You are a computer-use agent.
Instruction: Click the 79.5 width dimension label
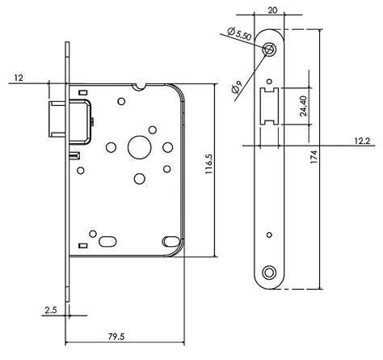(x=116, y=337)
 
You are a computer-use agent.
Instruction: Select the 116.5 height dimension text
(x=209, y=164)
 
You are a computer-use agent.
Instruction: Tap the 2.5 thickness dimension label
(x=51, y=311)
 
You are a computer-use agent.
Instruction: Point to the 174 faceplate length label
(x=314, y=157)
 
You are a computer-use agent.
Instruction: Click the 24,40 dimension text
(x=304, y=106)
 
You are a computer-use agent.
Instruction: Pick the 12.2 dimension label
(x=362, y=141)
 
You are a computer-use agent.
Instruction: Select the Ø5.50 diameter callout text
(x=239, y=34)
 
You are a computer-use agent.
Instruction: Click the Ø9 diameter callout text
(x=237, y=87)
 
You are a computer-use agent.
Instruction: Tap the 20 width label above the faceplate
(x=272, y=11)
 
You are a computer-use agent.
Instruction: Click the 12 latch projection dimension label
(x=19, y=78)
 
